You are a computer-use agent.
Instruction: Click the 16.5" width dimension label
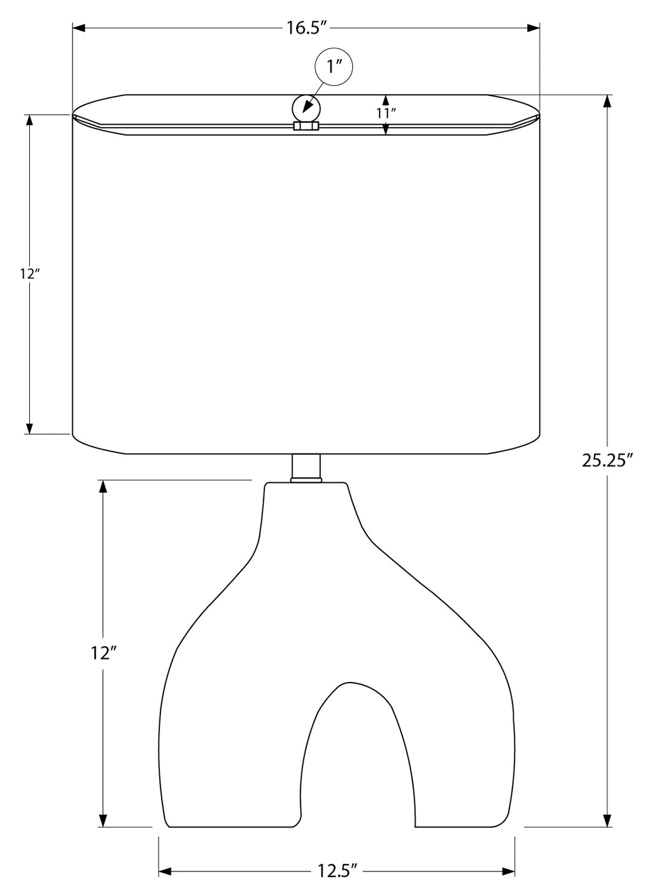tap(307, 29)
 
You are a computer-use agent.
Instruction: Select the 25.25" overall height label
tap(607, 460)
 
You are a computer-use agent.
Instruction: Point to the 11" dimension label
tap(385, 113)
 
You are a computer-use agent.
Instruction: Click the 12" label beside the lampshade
tap(31, 274)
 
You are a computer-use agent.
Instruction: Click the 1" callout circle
tap(334, 67)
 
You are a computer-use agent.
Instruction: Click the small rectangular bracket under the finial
tap(306, 126)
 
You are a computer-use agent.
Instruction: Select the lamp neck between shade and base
tap(306, 468)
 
